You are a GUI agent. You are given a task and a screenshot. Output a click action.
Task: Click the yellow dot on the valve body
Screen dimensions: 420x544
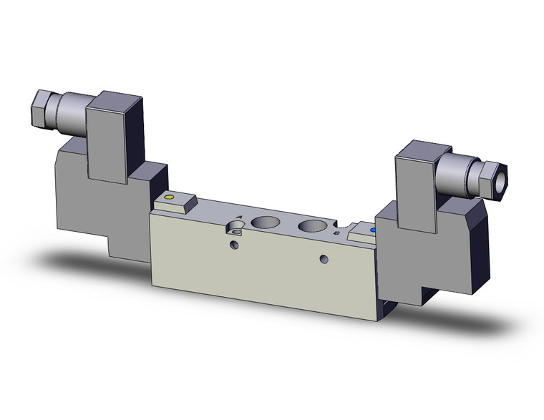click(169, 197)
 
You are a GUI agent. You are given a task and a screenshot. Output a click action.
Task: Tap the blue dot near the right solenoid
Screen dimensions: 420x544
click(371, 230)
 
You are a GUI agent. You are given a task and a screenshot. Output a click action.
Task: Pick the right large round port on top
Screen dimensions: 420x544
click(311, 228)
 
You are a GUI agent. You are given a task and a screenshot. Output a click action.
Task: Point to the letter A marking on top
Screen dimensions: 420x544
click(239, 216)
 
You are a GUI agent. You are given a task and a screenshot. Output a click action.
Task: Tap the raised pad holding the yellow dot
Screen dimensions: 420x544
click(175, 202)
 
